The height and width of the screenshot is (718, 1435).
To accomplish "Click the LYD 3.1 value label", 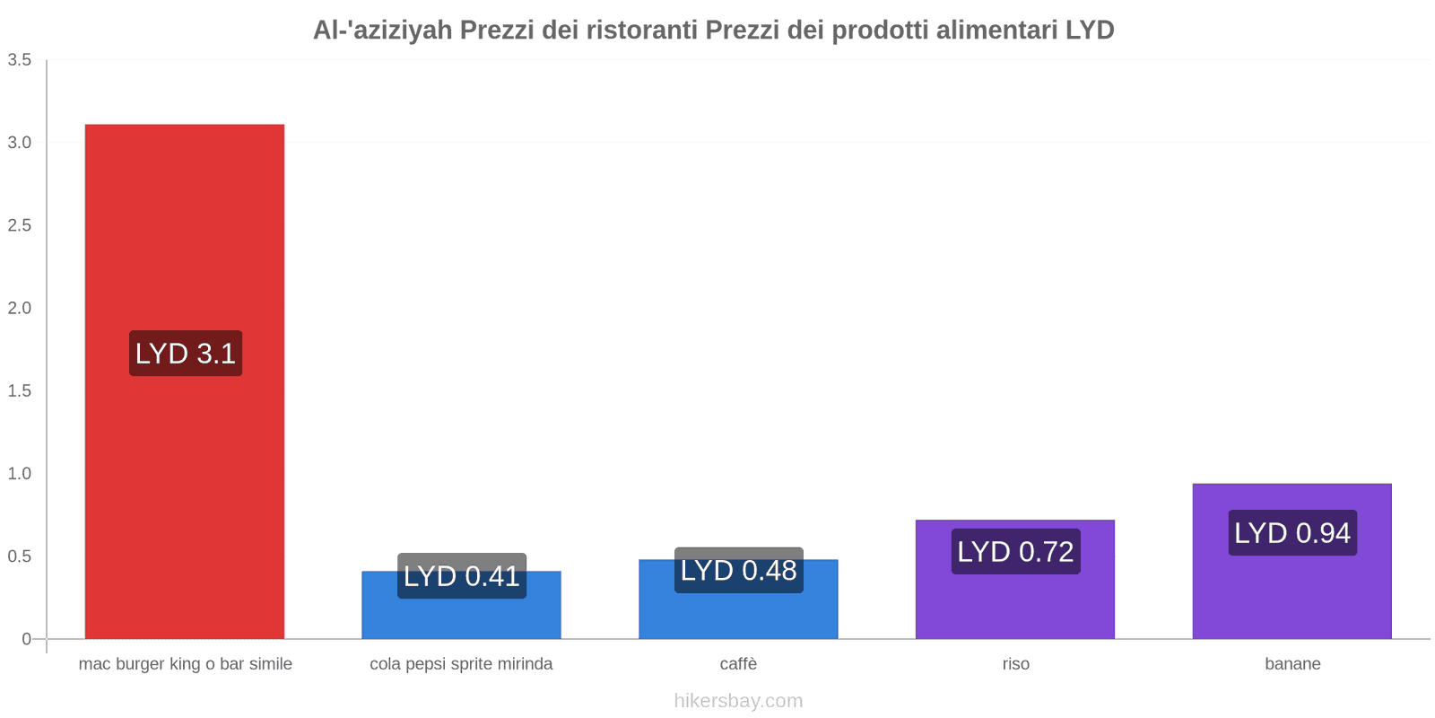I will tap(186, 354).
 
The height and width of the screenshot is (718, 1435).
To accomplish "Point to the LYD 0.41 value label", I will tap(461, 576).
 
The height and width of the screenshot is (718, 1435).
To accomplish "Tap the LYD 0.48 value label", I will tap(738, 571).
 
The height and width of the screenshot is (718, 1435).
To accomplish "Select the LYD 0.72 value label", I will tap(1015, 551).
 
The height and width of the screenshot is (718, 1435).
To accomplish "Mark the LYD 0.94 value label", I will tap(1292, 533).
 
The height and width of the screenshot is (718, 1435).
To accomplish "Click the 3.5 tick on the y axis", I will tap(20, 60).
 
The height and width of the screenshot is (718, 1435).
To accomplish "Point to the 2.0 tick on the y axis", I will tap(20, 308).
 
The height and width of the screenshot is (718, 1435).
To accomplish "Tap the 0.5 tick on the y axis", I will tap(20, 556).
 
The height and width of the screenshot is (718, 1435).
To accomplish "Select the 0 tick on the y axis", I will tap(26, 639).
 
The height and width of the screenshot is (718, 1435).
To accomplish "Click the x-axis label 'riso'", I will tap(1015, 664).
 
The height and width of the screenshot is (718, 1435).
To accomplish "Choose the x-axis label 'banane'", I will tap(1292, 664).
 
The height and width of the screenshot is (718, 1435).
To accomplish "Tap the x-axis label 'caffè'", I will tap(738, 664).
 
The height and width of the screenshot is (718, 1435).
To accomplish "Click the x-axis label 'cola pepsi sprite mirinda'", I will tap(461, 664).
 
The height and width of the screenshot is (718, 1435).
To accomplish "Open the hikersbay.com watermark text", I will tap(738, 701).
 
